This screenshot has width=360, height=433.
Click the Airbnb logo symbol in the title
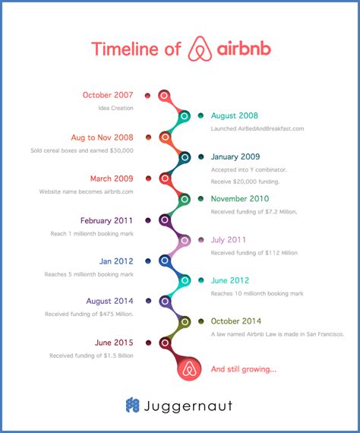click(200, 49)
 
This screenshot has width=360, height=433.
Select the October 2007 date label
click(108, 95)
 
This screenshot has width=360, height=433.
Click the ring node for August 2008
click(185, 116)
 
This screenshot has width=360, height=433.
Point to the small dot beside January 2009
click(201, 156)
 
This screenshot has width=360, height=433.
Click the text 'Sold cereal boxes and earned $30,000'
click(82, 150)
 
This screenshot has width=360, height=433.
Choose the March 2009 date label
click(112, 179)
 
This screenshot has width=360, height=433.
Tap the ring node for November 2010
click(185, 199)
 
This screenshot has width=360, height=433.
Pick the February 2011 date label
click(106, 220)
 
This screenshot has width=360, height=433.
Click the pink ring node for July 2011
click(185, 240)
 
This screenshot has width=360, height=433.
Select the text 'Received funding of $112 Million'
click(254, 253)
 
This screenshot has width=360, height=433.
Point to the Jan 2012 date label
click(116, 261)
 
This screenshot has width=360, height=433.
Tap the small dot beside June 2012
click(201, 280)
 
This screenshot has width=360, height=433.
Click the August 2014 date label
click(110, 301)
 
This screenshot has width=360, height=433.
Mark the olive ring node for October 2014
click(185, 322)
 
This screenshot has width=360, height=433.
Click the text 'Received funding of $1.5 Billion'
click(91, 356)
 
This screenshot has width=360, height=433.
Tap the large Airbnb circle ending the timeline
click(189, 368)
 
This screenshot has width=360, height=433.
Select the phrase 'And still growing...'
click(244, 369)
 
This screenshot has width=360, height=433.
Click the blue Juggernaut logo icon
click(132, 405)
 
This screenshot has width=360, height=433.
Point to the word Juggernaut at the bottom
click(188, 406)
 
